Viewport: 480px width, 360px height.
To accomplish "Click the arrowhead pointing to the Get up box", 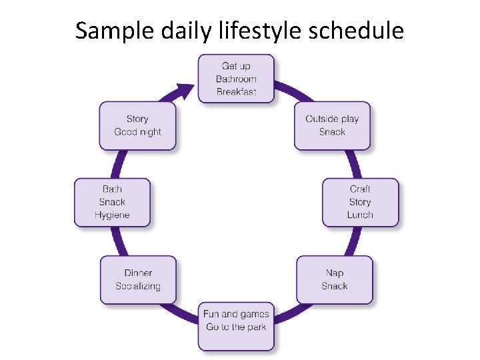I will (x=185, y=91).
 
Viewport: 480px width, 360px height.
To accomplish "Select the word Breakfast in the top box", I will (x=236, y=92).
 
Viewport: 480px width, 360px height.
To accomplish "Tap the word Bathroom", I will (x=236, y=79).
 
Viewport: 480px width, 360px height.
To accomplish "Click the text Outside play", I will (x=332, y=119).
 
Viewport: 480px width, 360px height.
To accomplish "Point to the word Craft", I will (x=360, y=189).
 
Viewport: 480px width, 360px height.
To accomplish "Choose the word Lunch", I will (x=360, y=215).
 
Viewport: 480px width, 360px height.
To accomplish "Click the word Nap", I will (x=335, y=273).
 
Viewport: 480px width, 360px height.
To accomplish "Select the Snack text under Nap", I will (x=335, y=286).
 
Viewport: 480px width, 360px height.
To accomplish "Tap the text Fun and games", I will (x=236, y=314).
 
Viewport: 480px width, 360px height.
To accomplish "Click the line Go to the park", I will (x=236, y=327).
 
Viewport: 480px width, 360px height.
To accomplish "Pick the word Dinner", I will (x=138, y=273).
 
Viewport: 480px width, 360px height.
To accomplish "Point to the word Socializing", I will (x=138, y=286).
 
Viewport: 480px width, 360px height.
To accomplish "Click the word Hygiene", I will (x=112, y=215).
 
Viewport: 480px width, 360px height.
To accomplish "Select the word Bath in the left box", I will (x=112, y=189).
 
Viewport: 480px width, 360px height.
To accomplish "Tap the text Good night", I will (x=137, y=132).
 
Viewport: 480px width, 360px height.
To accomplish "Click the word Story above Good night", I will (x=137, y=119).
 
